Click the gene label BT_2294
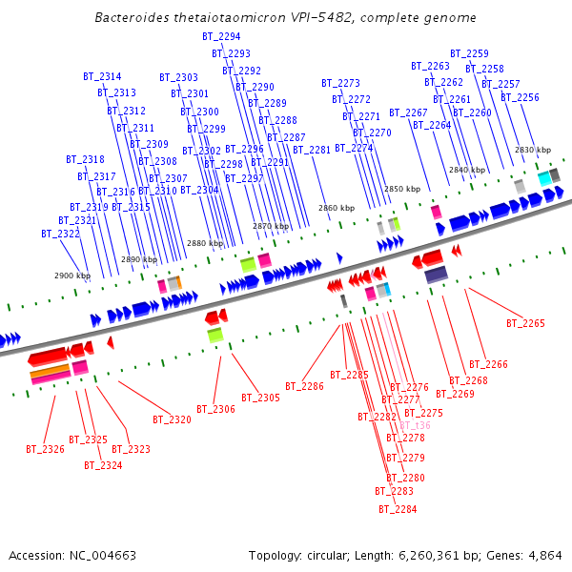click(x=221, y=36)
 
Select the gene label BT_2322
click(x=60, y=234)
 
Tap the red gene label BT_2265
click(x=525, y=324)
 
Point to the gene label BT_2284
click(x=398, y=509)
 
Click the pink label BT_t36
click(x=415, y=425)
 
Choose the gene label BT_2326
click(x=45, y=448)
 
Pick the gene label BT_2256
click(x=520, y=97)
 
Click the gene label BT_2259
click(x=469, y=54)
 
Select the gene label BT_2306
click(x=215, y=410)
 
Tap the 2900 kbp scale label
click(x=71, y=276)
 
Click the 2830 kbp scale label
click(x=533, y=150)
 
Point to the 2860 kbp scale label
click(x=337, y=207)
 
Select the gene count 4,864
click(x=545, y=555)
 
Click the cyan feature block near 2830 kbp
click(x=544, y=178)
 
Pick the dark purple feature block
click(x=436, y=275)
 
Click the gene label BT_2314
click(x=102, y=76)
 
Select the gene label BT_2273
click(x=340, y=83)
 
